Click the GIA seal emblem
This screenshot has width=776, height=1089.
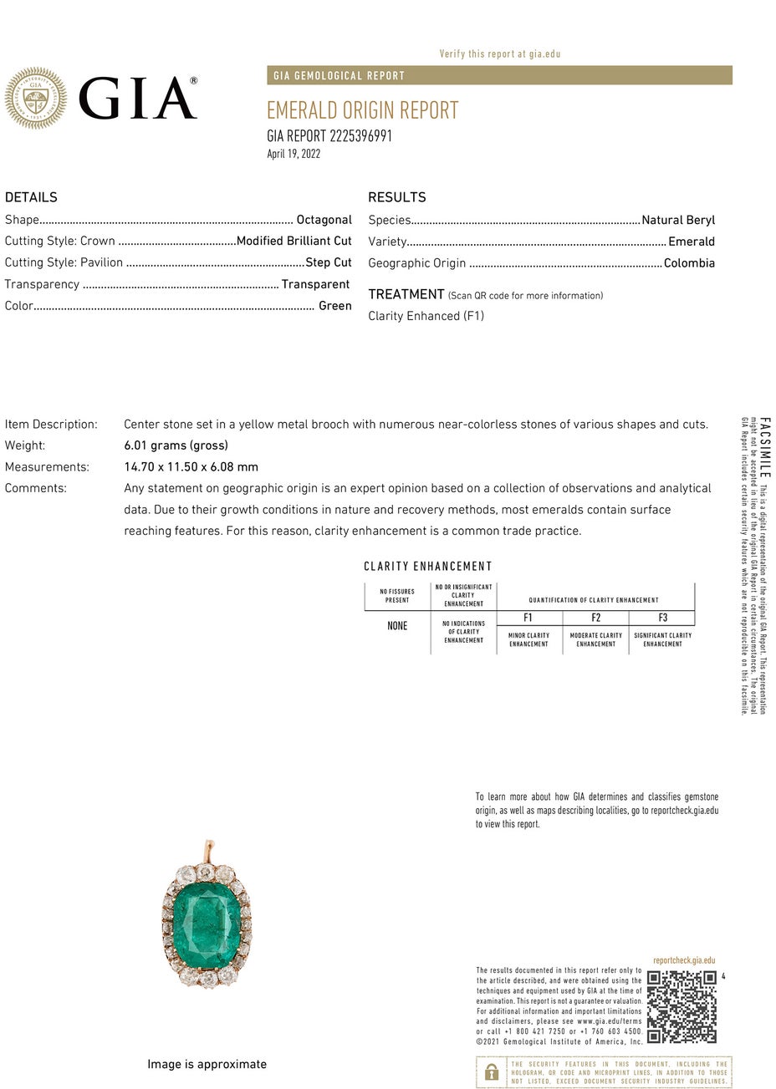tap(35, 99)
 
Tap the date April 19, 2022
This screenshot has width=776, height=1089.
tap(294, 154)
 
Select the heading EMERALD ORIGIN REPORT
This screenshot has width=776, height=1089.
tap(362, 110)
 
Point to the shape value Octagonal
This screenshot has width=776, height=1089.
tap(324, 220)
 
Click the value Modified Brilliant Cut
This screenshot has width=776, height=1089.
tap(294, 241)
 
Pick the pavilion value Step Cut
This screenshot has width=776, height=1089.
tap(329, 262)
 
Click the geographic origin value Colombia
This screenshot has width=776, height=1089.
tap(689, 263)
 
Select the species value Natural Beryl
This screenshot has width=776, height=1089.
tap(678, 221)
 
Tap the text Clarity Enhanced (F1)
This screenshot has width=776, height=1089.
tap(426, 316)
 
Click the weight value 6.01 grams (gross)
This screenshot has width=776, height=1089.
tap(176, 445)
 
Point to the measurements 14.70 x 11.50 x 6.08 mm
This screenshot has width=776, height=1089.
tap(191, 467)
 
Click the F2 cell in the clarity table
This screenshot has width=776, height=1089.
tap(595, 618)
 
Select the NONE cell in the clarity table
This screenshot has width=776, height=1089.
tap(397, 626)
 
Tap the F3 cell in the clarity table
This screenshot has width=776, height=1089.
tap(662, 618)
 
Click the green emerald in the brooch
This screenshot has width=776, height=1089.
tap(206, 924)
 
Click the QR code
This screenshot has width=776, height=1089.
tap(682, 1006)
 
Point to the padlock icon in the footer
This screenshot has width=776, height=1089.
tap(492, 1072)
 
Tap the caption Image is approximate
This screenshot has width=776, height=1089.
tap(207, 1064)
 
